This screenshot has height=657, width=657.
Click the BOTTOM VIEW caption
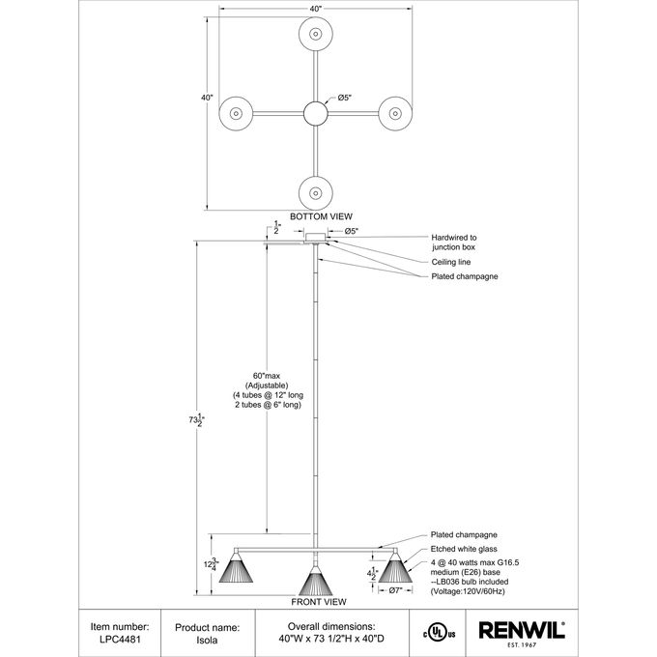[x=321, y=216]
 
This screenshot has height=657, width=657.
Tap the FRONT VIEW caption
[x=319, y=602]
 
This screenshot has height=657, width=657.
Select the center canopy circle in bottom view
[x=316, y=113]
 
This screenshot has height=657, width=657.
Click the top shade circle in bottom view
[x=316, y=34]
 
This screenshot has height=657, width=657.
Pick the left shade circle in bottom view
[x=236, y=113]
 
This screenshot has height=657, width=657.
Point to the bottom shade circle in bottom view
[x=316, y=193]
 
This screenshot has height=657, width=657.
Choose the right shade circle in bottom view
[x=395, y=113]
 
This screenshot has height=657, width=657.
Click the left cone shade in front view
[x=236, y=568]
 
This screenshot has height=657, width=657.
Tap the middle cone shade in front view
[x=316, y=581]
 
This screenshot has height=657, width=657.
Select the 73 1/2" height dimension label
[x=196, y=420]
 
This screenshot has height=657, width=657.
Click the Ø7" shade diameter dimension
[x=395, y=590]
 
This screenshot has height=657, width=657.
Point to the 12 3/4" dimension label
[x=212, y=564]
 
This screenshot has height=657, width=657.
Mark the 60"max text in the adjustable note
[x=267, y=376]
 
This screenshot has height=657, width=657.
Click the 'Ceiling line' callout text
[x=451, y=262]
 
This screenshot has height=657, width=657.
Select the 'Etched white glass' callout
[x=464, y=549]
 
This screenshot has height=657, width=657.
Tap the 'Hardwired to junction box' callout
[x=454, y=243]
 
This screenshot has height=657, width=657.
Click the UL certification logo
[x=439, y=633]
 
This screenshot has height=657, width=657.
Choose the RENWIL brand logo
[x=522, y=634]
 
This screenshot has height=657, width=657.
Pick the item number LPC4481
[x=120, y=640]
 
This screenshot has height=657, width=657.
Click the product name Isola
[x=207, y=641]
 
